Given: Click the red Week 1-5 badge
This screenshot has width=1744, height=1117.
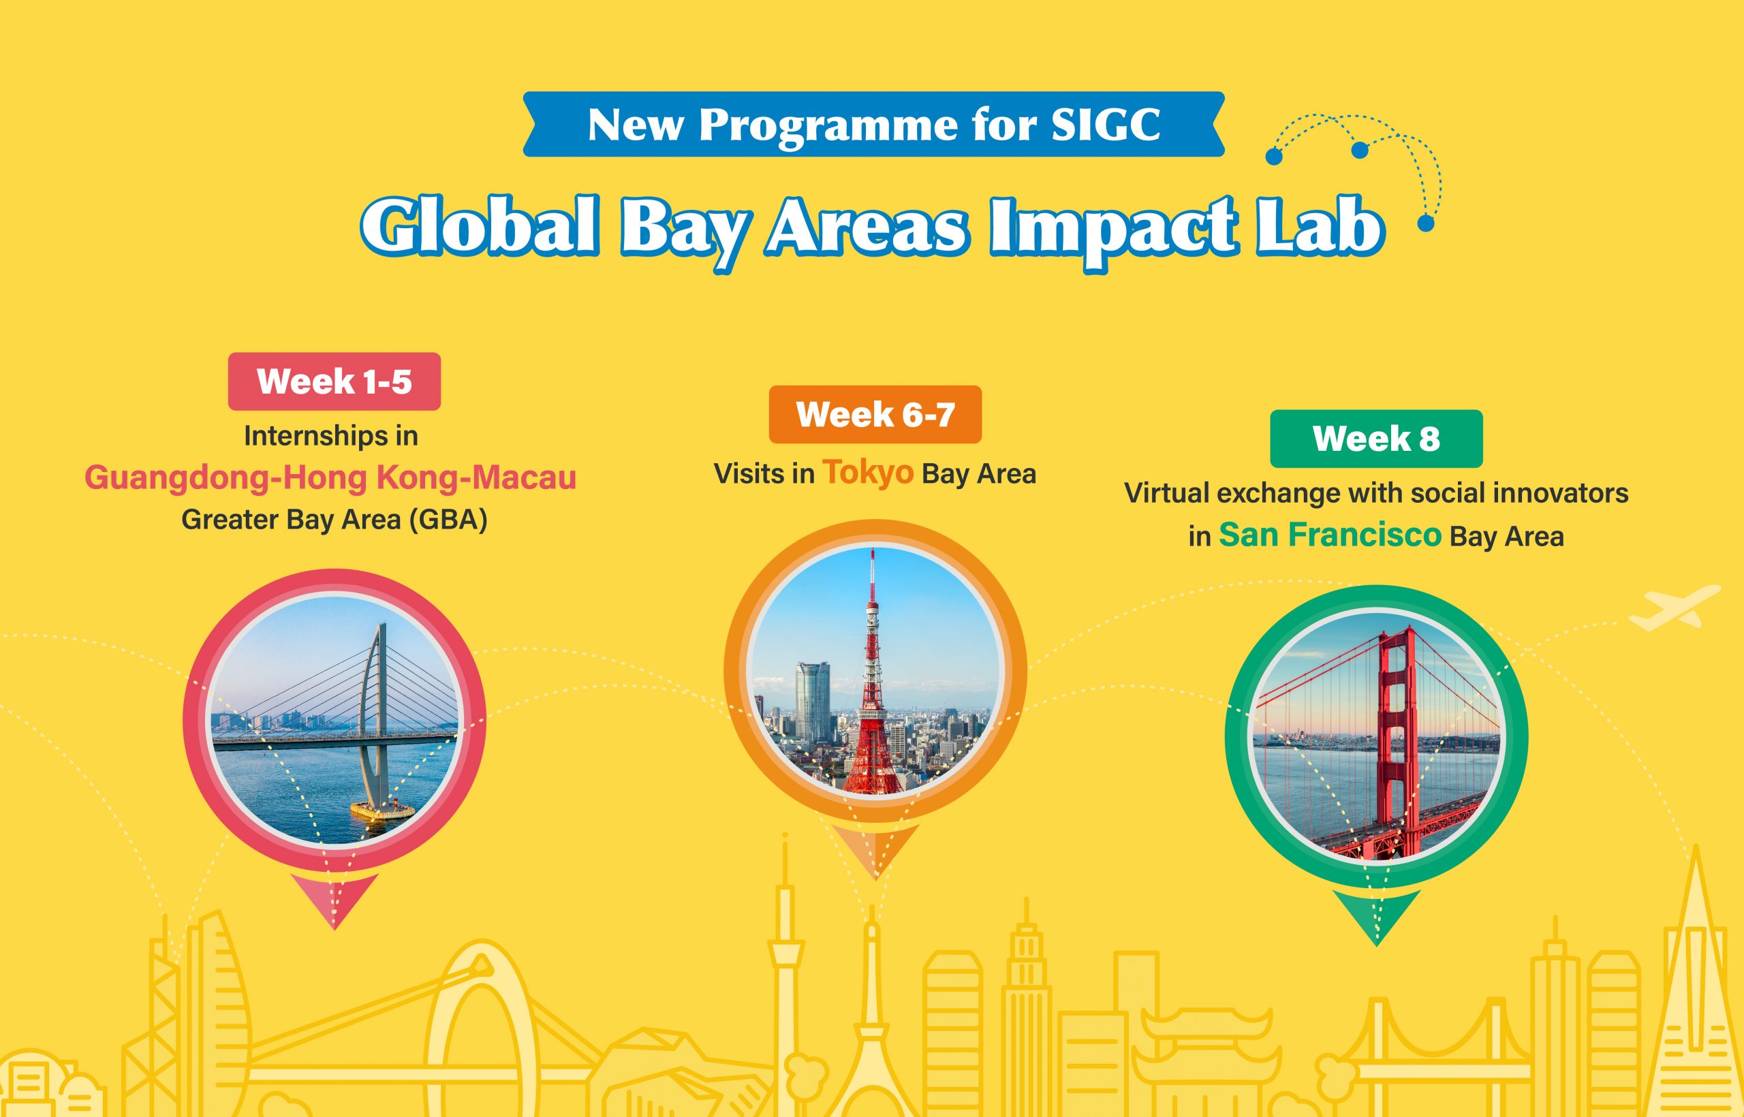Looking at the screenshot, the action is click(x=334, y=381).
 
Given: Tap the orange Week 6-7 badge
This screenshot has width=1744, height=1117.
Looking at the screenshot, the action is click(x=875, y=414).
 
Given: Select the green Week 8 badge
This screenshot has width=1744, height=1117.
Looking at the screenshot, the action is click(x=1376, y=439).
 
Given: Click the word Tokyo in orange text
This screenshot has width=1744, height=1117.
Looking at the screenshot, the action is click(x=867, y=473).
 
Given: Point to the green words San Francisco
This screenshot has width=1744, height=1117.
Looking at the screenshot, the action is click(x=1330, y=535).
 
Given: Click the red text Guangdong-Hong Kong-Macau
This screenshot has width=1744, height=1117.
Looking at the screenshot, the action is click(x=331, y=478).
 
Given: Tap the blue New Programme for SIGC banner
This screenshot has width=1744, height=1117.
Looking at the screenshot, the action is click(x=873, y=124).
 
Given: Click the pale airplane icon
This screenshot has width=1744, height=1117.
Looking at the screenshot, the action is click(x=1675, y=607).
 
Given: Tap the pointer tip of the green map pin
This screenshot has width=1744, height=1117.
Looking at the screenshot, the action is click(x=1376, y=945).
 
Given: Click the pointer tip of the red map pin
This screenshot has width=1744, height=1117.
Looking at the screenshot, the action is click(x=334, y=928).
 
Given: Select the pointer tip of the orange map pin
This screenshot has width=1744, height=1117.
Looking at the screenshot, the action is click(x=875, y=879).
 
